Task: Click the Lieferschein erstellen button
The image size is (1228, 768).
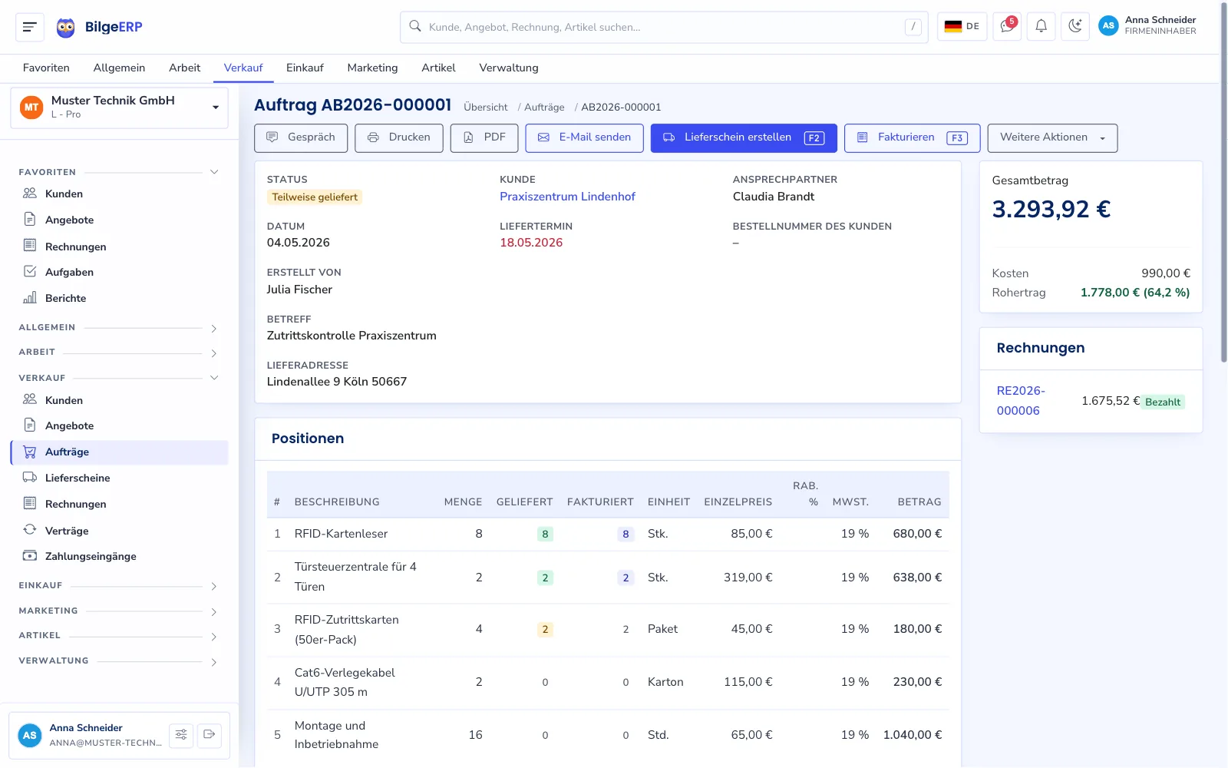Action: pyautogui.click(x=744, y=137)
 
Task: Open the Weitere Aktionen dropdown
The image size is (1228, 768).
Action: pyautogui.click(x=1052, y=137)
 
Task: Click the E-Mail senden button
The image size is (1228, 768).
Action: pyautogui.click(x=584, y=137)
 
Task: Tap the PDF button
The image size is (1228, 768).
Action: pyautogui.click(x=484, y=137)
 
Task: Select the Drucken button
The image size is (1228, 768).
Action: pyautogui.click(x=398, y=137)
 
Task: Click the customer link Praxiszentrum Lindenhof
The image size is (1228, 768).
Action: pyautogui.click(x=567, y=197)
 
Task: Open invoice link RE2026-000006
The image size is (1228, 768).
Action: pyautogui.click(x=1021, y=400)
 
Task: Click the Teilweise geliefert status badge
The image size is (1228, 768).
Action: pyautogui.click(x=315, y=197)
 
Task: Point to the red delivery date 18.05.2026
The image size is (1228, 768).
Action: pyautogui.click(x=530, y=243)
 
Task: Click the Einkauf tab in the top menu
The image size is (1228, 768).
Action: pyautogui.click(x=305, y=68)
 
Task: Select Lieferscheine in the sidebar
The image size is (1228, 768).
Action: pyautogui.click(x=78, y=478)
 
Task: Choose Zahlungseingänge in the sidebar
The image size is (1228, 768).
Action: pyautogui.click(x=91, y=556)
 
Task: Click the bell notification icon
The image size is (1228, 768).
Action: pyautogui.click(x=1041, y=26)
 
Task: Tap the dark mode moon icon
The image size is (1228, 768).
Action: pyautogui.click(x=1075, y=26)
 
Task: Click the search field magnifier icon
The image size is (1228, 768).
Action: pyautogui.click(x=415, y=26)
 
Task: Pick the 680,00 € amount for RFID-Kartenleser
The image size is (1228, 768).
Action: pyautogui.click(x=917, y=534)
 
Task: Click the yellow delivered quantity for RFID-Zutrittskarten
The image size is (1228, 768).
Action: pyautogui.click(x=545, y=629)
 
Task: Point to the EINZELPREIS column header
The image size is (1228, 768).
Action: pyautogui.click(x=738, y=502)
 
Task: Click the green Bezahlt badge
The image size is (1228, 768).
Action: pyautogui.click(x=1163, y=402)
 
